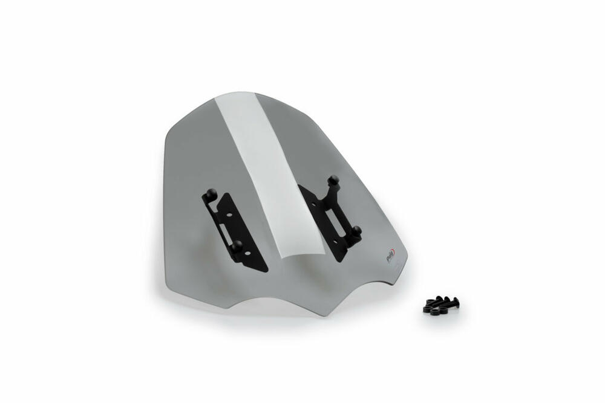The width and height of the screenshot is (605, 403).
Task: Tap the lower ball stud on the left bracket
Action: click(x=237, y=245)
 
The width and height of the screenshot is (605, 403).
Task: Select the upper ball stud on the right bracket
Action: click(x=332, y=179)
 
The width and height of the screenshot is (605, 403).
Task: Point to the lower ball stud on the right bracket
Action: click(x=356, y=230)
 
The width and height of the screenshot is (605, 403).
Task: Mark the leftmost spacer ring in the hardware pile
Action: click(x=427, y=306)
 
